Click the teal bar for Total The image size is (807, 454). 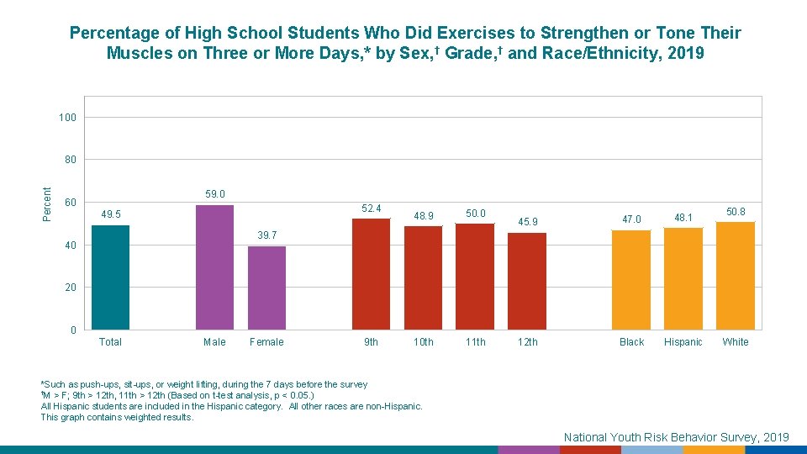coord(110,277)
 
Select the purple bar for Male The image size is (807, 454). coord(214,267)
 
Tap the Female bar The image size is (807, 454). coord(266,288)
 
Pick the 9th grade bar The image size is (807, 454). coord(371,274)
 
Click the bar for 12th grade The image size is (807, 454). coord(527,281)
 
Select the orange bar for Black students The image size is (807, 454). coord(631,279)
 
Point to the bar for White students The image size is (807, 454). coord(736,275)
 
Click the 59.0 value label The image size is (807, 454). coord(215,194)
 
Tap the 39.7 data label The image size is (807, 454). coord(267,235)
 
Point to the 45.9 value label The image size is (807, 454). coord(528,222)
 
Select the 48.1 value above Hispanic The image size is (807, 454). coord(683,219)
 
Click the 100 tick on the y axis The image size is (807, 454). coord(68,118)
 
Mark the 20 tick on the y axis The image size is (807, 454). coord(71,288)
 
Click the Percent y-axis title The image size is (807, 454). coord(47,204)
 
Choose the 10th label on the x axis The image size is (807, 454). coord(424,342)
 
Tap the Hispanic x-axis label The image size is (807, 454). coord(683,342)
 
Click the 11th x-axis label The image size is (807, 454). coord(476,342)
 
